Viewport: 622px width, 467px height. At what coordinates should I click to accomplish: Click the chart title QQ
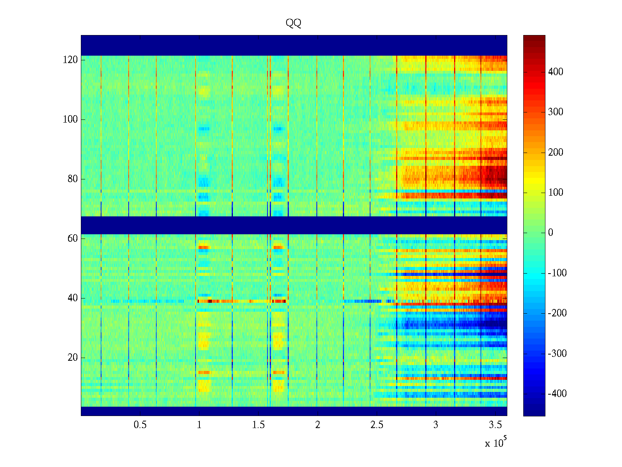[x=294, y=23]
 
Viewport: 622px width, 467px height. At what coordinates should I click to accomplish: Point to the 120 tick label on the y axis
[x=70, y=60]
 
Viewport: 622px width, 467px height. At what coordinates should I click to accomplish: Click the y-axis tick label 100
[x=70, y=119]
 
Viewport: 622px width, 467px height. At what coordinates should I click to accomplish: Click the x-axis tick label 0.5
[x=140, y=425]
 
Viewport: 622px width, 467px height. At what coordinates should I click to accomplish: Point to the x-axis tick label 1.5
[x=259, y=425]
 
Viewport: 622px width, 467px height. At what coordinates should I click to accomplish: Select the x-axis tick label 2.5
[x=377, y=425]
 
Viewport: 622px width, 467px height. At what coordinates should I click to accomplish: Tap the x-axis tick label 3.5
[x=495, y=425]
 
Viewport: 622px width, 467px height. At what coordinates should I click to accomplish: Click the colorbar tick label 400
[x=556, y=72]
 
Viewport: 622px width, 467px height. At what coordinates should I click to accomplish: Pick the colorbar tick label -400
[x=557, y=394]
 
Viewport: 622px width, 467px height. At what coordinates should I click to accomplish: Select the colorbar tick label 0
[x=550, y=233]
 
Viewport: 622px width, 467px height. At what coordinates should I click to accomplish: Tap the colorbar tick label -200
[x=557, y=313]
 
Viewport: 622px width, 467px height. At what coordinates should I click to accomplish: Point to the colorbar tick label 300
[x=556, y=112]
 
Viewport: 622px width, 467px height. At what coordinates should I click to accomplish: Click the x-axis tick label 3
[x=436, y=425]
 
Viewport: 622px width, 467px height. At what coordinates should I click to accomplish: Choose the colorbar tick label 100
[x=556, y=193]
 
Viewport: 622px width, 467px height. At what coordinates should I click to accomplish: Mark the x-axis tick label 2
[x=318, y=425]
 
